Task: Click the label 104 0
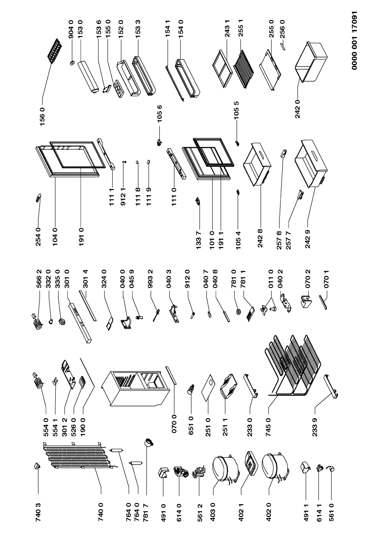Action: [x=55, y=234]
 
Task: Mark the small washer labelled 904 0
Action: [x=72, y=62]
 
